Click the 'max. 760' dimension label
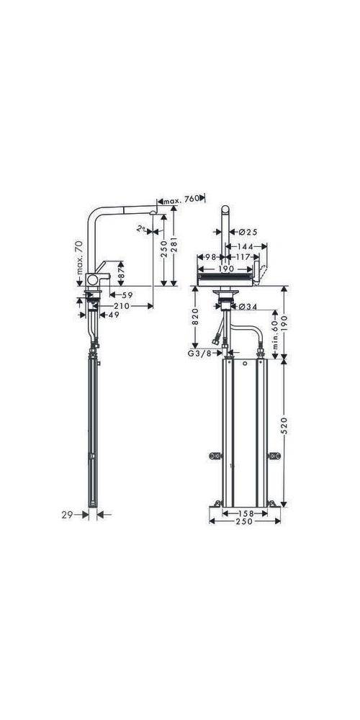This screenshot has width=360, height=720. (x=183, y=201)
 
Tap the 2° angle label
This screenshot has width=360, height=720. (x=143, y=228)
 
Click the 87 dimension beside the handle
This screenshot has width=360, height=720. (x=122, y=275)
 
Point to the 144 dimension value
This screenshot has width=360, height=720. (x=247, y=245)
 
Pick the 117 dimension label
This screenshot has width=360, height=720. (x=244, y=257)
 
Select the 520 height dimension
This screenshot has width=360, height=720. (x=286, y=431)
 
